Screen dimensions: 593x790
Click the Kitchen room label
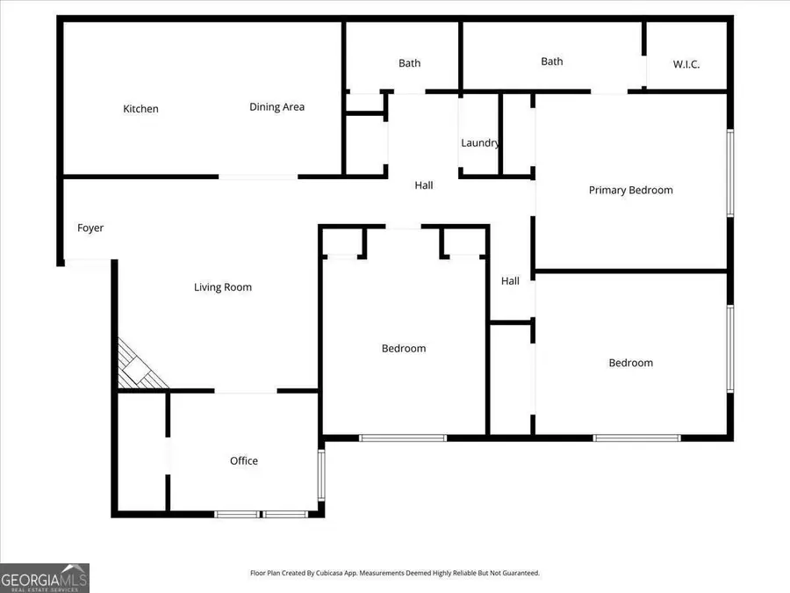pos(140,109)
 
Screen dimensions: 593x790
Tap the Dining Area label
pos(276,107)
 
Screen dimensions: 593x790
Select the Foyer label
pos(90,228)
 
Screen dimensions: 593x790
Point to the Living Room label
pos(223,287)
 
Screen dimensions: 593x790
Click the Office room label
pos(244,461)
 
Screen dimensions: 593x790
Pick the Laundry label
pos(480,143)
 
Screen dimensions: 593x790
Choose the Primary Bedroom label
pos(630,191)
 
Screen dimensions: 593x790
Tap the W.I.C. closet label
pos(686,64)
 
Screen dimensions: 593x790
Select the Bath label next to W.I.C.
pos(552,61)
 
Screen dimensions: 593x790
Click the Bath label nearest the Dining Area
pos(409,63)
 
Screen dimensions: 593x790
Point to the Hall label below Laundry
pos(424,185)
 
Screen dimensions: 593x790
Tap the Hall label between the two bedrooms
pos(510,281)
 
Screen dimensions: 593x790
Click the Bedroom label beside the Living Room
pos(404,349)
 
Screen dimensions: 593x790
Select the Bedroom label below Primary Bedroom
pos(630,363)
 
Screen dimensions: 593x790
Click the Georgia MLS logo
pos(45,578)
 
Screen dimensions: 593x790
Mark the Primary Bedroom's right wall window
pos(729,173)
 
